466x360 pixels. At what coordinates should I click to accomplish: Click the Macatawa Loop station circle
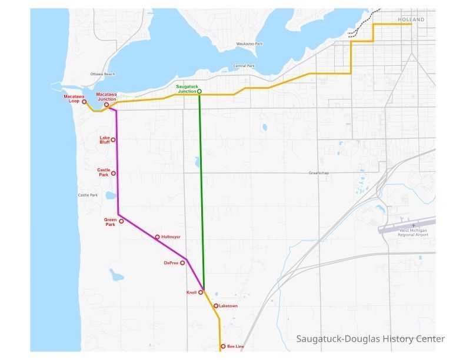click(x=84, y=102)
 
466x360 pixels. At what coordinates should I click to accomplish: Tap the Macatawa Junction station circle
click(x=106, y=105)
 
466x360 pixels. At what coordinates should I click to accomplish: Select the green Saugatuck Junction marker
click(x=199, y=91)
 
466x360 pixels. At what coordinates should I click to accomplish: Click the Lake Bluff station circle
click(x=114, y=140)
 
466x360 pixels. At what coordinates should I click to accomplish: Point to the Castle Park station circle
click(x=114, y=174)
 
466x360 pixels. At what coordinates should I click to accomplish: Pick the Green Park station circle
click(x=122, y=221)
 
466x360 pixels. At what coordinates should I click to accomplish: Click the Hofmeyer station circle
click(x=157, y=237)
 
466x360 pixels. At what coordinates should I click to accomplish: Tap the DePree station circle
click(x=182, y=263)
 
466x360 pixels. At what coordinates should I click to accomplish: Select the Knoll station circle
click(x=201, y=292)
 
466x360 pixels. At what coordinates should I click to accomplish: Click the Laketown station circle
click(x=216, y=306)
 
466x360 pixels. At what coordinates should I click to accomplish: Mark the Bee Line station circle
click(x=222, y=346)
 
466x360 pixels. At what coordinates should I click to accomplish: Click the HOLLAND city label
click(x=410, y=19)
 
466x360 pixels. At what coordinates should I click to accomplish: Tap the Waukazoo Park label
click(x=249, y=44)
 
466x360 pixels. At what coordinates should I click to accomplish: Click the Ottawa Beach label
click(x=103, y=74)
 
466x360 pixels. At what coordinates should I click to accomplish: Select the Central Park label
click(x=244, y=66)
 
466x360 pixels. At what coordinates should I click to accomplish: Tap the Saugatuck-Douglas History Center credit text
click(x=370, y=339)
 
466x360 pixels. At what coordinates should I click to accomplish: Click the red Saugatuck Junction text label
click(x=187, y=89)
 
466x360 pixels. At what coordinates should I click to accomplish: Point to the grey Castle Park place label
click(x=88, y=195)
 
